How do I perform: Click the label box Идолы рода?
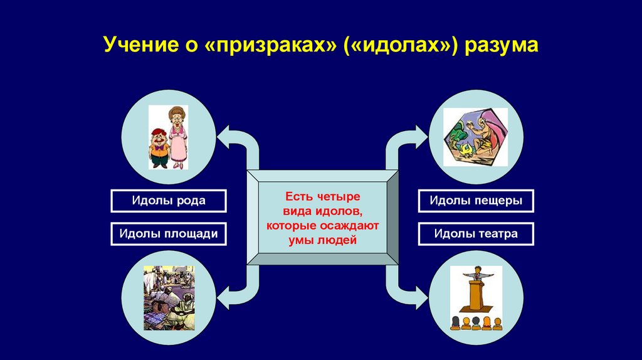tap(168, 201)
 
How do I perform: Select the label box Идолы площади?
tap(168, 234)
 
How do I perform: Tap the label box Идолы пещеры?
tap(476, 201)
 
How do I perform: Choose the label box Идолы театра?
tap(476, 234)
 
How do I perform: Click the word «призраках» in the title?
tap(270, 45)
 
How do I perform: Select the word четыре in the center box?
tap(340, 196)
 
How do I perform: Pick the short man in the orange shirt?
tap(159, 148)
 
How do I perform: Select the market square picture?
tap(169, 298)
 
